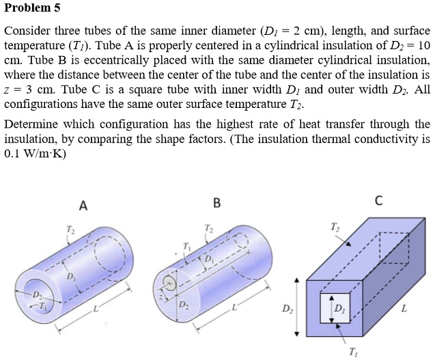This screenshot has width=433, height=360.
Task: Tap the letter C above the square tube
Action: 378,201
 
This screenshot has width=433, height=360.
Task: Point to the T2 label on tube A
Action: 68,228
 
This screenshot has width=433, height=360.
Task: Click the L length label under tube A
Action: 96,311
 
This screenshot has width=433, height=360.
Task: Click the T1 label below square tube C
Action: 352,352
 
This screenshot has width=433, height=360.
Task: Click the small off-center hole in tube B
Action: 171,282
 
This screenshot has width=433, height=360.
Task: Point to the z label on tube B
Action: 161,296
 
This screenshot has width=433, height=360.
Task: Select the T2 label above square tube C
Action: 333,225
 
